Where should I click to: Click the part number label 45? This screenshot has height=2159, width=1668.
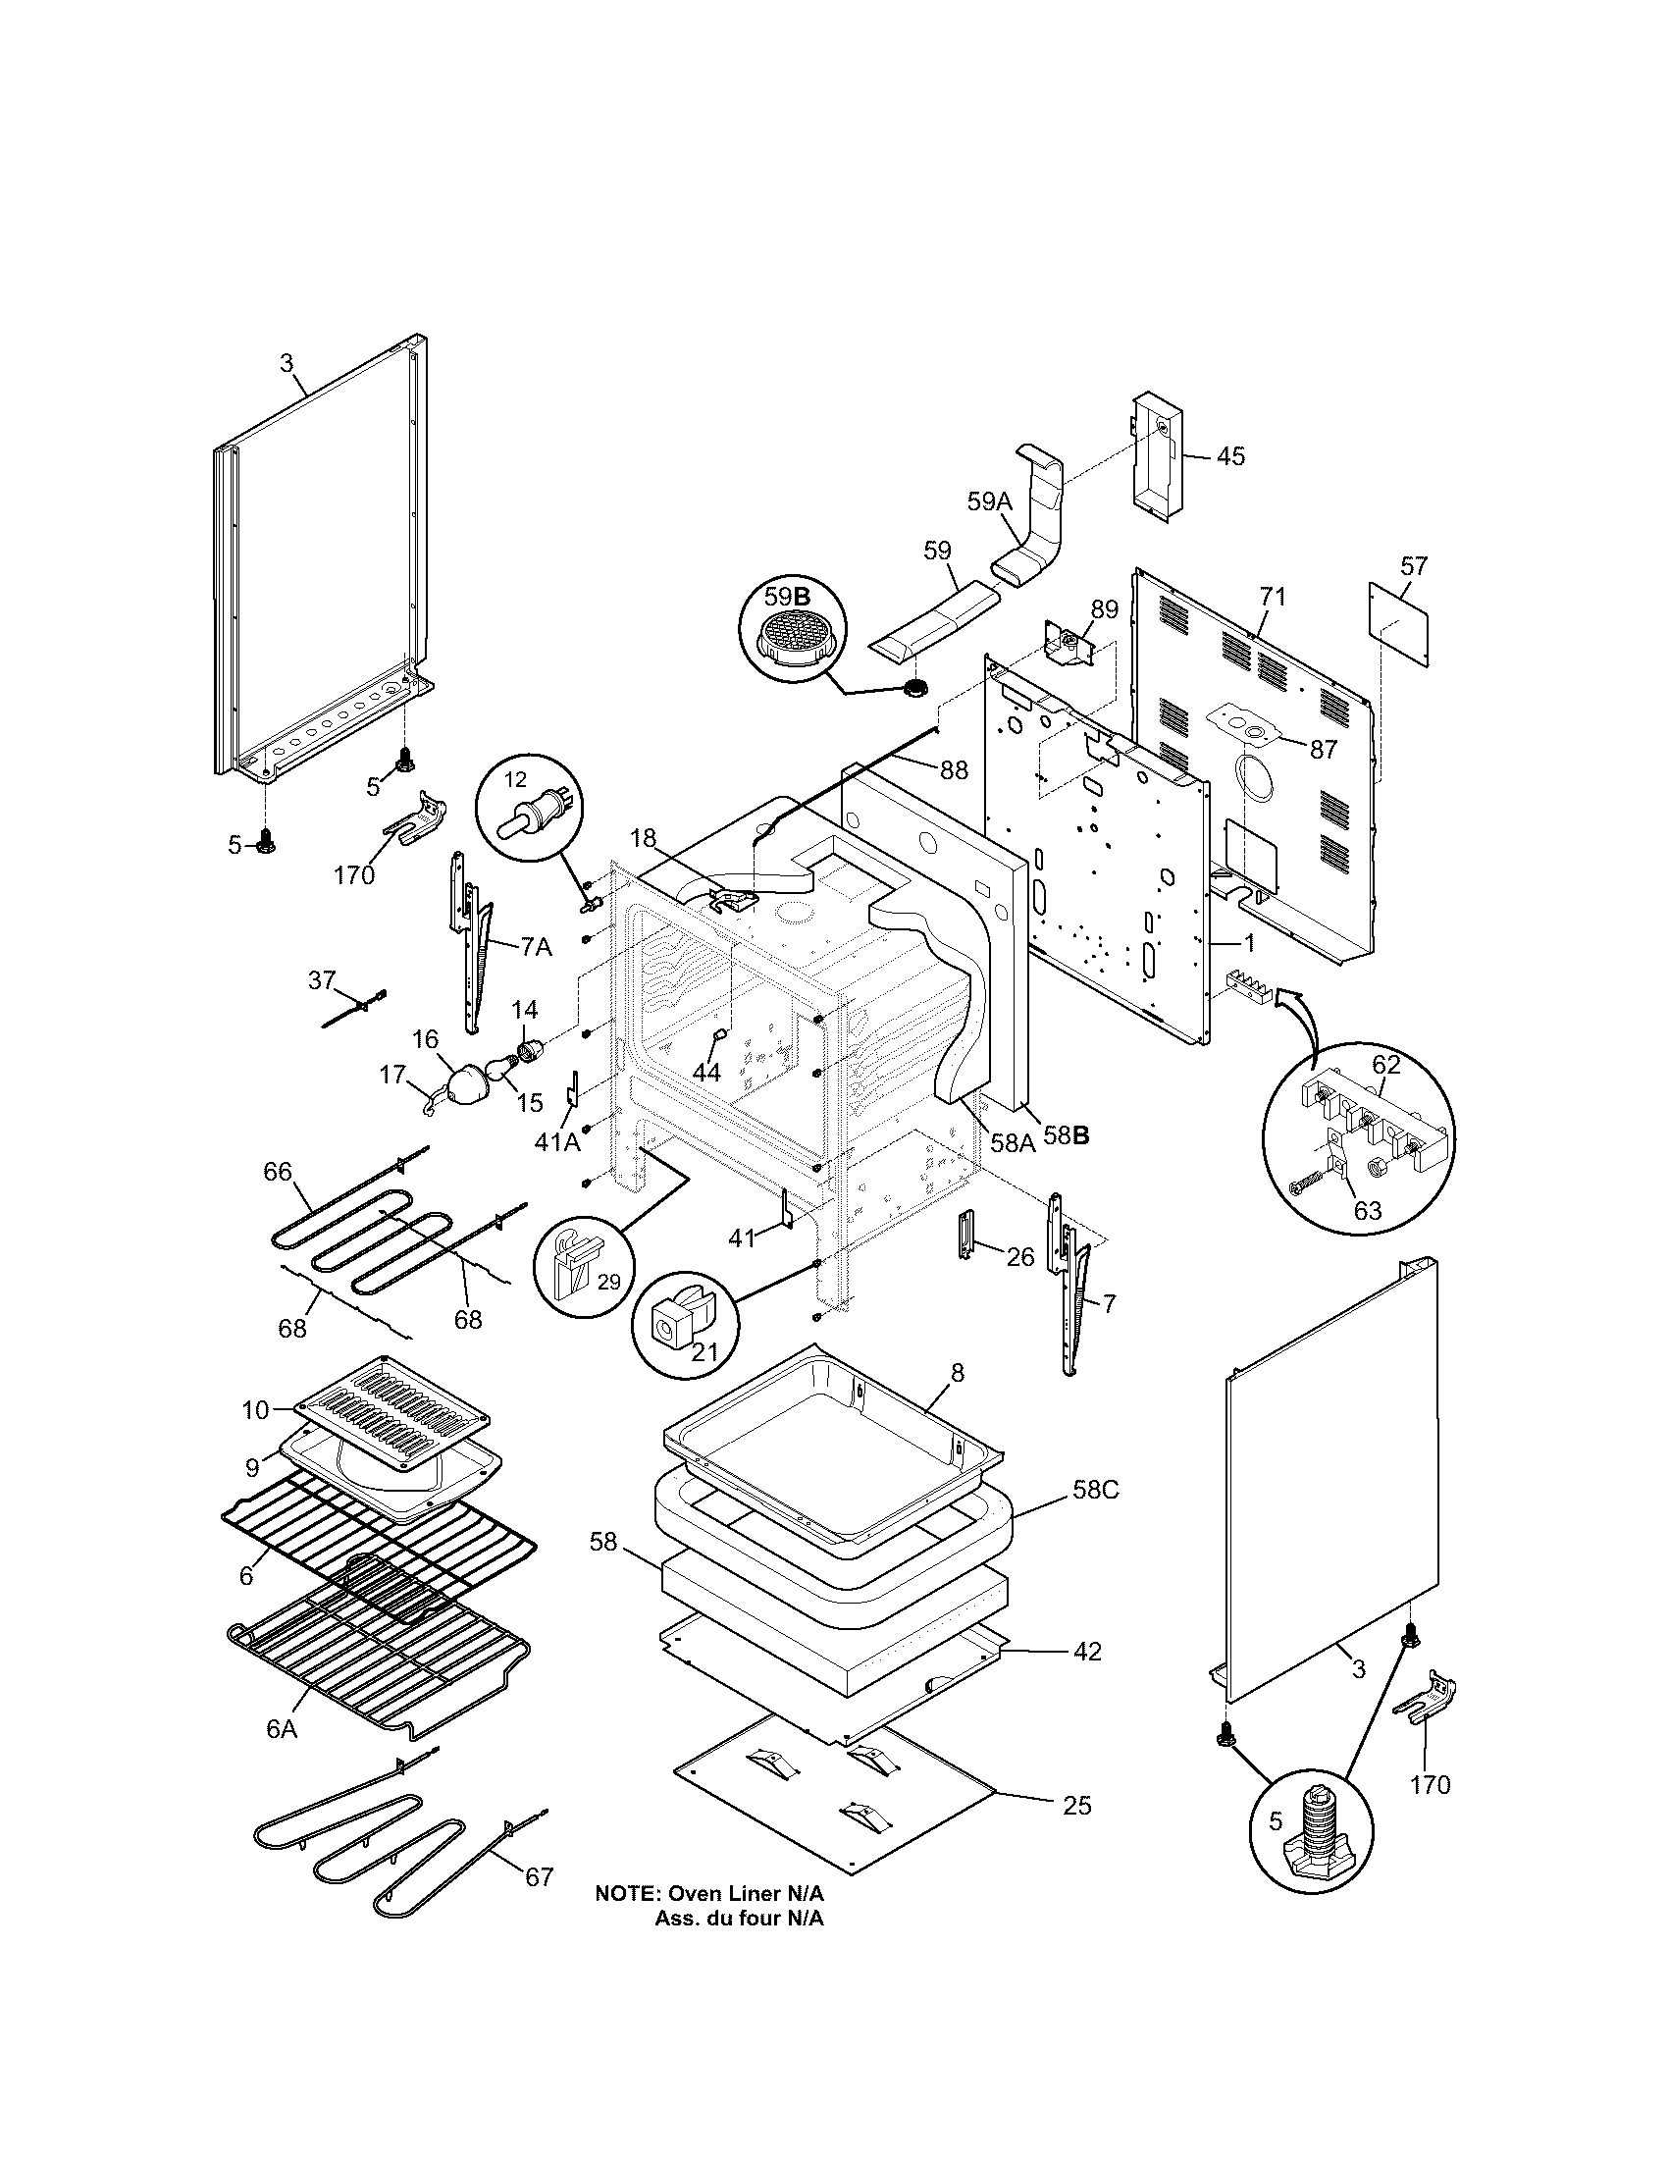1229,456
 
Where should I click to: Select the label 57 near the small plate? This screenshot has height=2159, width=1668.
1414,566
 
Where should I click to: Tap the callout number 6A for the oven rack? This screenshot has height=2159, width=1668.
282,1728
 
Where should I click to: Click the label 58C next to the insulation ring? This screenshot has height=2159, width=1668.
1095,1517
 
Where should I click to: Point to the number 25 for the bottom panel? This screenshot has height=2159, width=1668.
1077,1806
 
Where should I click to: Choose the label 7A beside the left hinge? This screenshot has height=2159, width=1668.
536,947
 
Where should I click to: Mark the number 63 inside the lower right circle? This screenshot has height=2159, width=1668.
1368,1210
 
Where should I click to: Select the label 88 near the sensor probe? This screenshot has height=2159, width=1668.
954,769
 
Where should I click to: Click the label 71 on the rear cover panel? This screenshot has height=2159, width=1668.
1273,596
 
